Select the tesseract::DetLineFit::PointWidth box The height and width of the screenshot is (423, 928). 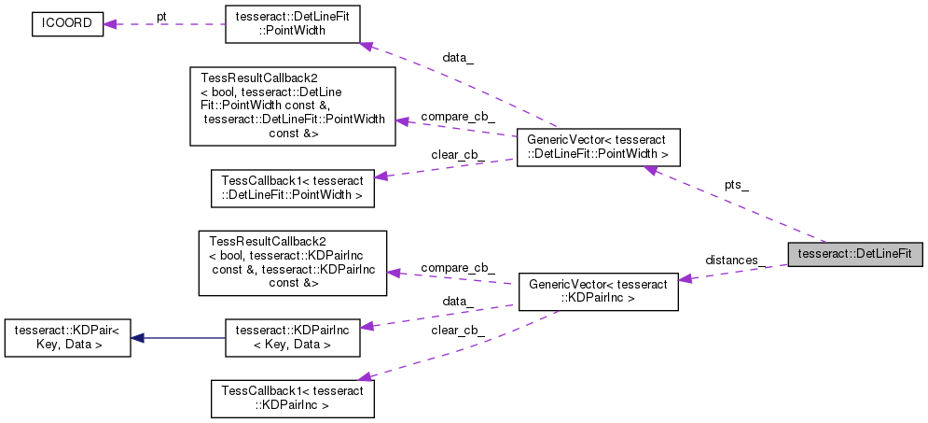292,25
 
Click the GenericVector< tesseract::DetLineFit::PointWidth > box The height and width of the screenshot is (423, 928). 598,148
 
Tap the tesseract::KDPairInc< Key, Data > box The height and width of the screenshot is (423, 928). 292,337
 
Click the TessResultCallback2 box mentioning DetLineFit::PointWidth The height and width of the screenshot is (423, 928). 292,106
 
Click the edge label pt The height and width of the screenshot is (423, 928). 161,17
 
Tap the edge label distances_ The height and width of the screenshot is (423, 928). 736,259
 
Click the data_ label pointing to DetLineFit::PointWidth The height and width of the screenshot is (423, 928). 457,58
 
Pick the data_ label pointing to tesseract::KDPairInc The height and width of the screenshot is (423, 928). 457,303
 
